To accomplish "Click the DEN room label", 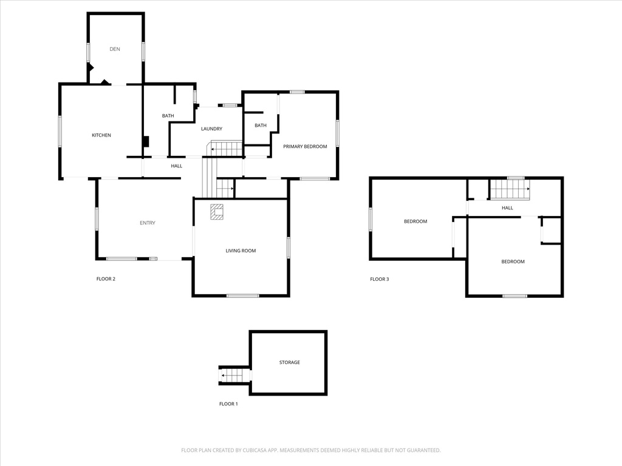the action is (115, 49).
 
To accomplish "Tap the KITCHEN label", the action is (101, 135).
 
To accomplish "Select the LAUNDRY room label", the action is (211, 129).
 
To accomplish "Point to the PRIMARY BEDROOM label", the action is (305, 147).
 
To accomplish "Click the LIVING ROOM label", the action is (241, 251).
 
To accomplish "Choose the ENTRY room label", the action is (148, 223).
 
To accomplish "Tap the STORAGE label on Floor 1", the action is (290, 363).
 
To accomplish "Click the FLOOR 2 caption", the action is (106, 279).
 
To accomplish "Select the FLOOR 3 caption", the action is (380, 279).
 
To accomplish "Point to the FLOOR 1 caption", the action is (228, 404).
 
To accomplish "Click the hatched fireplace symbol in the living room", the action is (217, 212).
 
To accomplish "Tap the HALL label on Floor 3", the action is (507, 208).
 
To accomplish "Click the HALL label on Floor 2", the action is (177, 166).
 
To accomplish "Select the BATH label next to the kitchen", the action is (168, 116).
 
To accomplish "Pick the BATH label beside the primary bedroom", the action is (261, 126).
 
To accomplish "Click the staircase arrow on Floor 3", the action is (510, 189).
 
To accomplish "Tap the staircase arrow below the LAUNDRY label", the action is (226, 149).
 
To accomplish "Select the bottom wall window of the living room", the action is (243, 295).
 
